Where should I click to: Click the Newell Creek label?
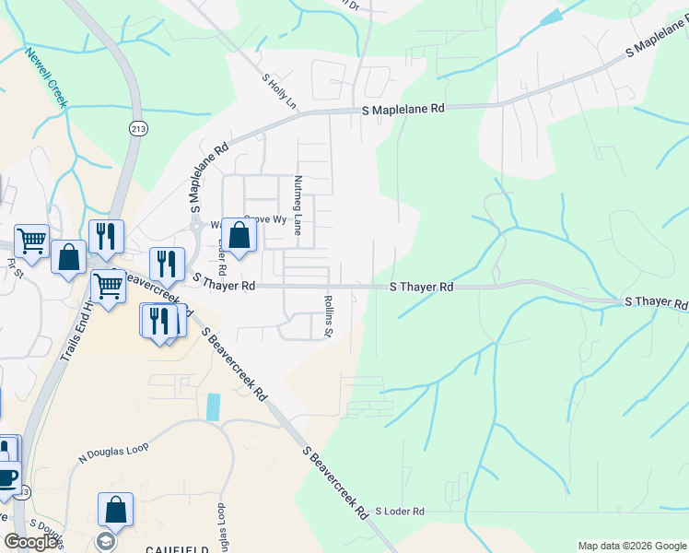(47, 77)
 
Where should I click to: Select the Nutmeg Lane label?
(298, 205)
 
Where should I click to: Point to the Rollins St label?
(329, 315)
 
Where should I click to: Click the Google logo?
(31, 542)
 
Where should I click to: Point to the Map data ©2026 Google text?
(631, 546)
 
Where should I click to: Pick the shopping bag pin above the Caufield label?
(116, 509)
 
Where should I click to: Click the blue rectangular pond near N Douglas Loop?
(215, 407)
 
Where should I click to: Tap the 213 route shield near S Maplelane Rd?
(138, 127)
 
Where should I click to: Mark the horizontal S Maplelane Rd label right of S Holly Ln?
(402, 109)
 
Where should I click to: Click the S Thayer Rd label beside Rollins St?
(422, 288)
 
